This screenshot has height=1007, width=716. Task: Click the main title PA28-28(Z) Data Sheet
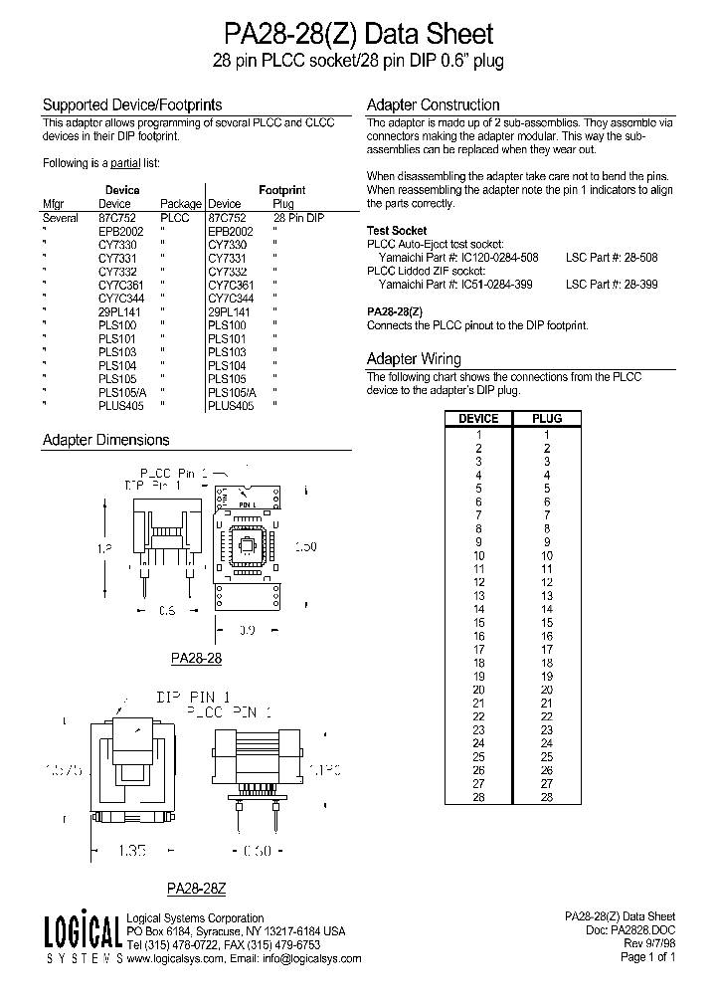pos(358,35)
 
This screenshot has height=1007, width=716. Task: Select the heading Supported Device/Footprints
pos(131,104)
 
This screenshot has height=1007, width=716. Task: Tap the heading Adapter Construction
pos(433,104)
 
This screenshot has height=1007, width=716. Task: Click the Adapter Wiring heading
pos(414,359)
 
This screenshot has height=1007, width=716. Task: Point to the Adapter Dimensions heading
pos(105,440)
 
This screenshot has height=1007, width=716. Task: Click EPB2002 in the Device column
pos(120,230)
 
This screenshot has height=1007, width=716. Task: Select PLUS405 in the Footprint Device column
pos(231,405)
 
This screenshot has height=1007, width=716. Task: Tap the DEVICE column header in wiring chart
pos(477,418)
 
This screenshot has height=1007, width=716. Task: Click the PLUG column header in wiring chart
pos(547,418)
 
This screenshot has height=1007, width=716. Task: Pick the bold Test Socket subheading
pos(397,230)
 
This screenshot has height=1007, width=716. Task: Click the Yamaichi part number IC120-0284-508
pos(497,257)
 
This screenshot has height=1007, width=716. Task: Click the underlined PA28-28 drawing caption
pos(196,658)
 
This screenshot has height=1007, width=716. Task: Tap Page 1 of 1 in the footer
pos(647,957)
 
